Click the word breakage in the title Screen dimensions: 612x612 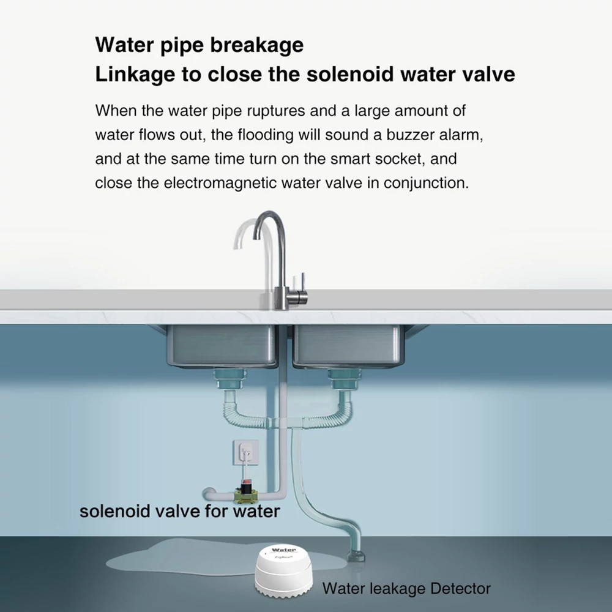click(x=257, y=45)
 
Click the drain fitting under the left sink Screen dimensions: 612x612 click(x=230, y=380)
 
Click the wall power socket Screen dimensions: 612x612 click(x=246, y=453)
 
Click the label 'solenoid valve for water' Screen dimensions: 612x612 click(x=180, y=511)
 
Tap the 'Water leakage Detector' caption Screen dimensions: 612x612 click(x=406, y=588)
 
